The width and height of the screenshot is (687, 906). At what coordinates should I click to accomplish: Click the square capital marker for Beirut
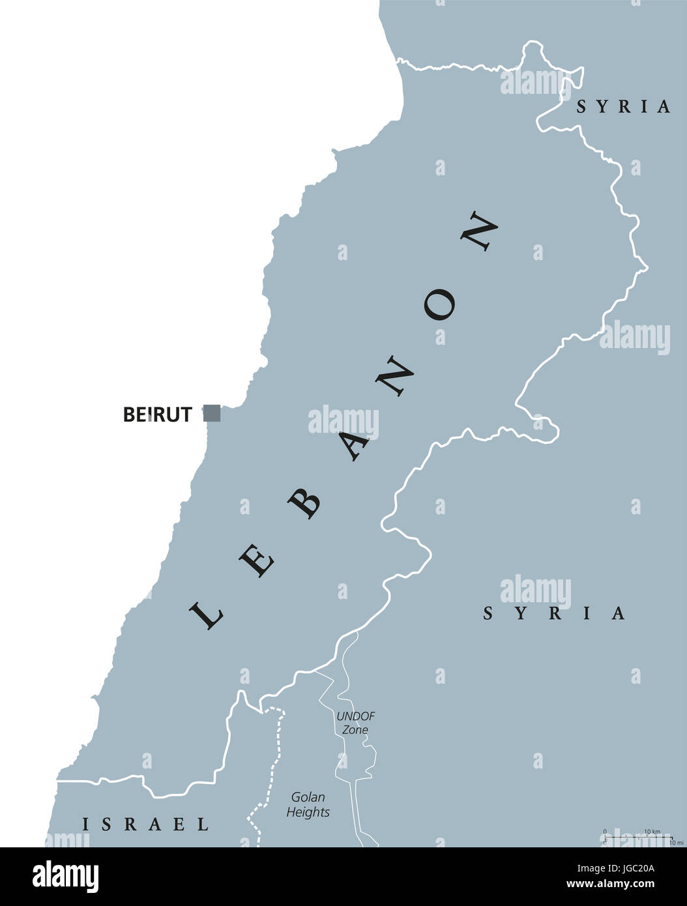212,413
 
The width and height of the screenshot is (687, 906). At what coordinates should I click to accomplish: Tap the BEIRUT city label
158,415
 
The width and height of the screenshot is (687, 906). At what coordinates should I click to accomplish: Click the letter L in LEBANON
207,613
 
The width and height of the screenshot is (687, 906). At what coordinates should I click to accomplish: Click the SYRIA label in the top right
623,106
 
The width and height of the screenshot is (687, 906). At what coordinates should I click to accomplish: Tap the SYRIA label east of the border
554,613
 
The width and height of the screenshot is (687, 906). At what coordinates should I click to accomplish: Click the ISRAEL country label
145,824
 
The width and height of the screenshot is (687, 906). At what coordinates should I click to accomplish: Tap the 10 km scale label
652,832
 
